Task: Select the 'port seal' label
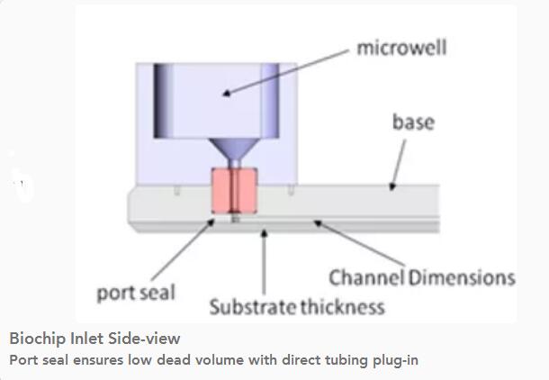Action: tap(136, 293)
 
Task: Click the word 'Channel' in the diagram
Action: tap(367, 276)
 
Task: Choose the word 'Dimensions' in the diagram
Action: tap(462, 276)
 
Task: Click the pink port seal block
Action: tap(234, 192)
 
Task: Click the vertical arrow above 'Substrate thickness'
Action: tap(264, 261)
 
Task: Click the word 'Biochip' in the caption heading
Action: tap(38, 339)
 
